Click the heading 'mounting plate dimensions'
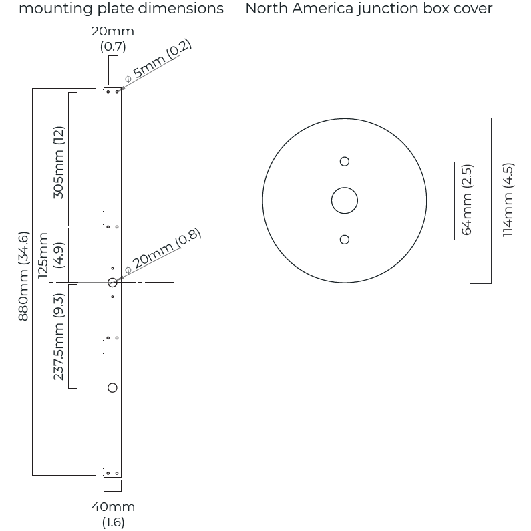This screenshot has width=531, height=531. click(121, 9)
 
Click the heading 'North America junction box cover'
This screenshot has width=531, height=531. click(369, 9)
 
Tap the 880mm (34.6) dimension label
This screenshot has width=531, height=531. click(23, 276)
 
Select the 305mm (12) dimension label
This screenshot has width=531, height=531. click(59, 162)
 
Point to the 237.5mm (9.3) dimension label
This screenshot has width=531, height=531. click(59, 336)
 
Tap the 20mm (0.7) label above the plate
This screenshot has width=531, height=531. click(112, 39)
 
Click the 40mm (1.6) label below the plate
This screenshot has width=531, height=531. click(113, 514)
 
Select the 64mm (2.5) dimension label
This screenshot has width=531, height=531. click(467, 200)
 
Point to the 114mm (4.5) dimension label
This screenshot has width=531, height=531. click(508, 200)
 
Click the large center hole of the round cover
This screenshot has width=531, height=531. click(345, 200)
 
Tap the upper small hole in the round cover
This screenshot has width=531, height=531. click(345, 161)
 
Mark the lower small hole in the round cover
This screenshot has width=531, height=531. click(345, 240)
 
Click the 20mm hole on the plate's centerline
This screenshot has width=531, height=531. click(112, 283)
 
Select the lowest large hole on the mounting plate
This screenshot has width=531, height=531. click(112, 388)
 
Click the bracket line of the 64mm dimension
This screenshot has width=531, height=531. click(454, 200)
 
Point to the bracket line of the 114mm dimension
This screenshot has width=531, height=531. click(491, 200)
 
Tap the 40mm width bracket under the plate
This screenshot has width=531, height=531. click(112, 490)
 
